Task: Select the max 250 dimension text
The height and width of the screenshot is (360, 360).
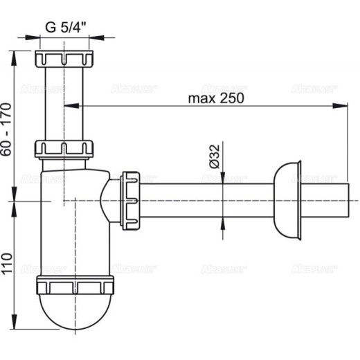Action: point(215,98)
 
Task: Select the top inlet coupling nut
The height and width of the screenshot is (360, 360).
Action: point(64,57)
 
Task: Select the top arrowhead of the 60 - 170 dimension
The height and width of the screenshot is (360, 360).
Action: point(15,53)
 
